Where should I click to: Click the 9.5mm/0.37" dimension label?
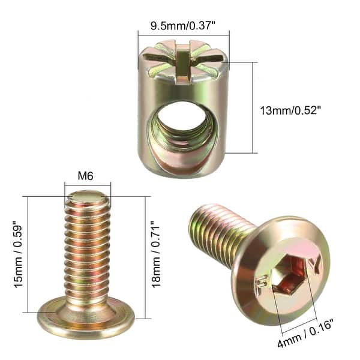pyautogui.click(x=182, y=27)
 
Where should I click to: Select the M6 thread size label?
pyautogui.click(x=87, y=176)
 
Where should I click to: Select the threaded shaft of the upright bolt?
pyautogui.click(x=86, y=252)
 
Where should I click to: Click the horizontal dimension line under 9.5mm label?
pyautogui.click(x=183, y=37)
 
